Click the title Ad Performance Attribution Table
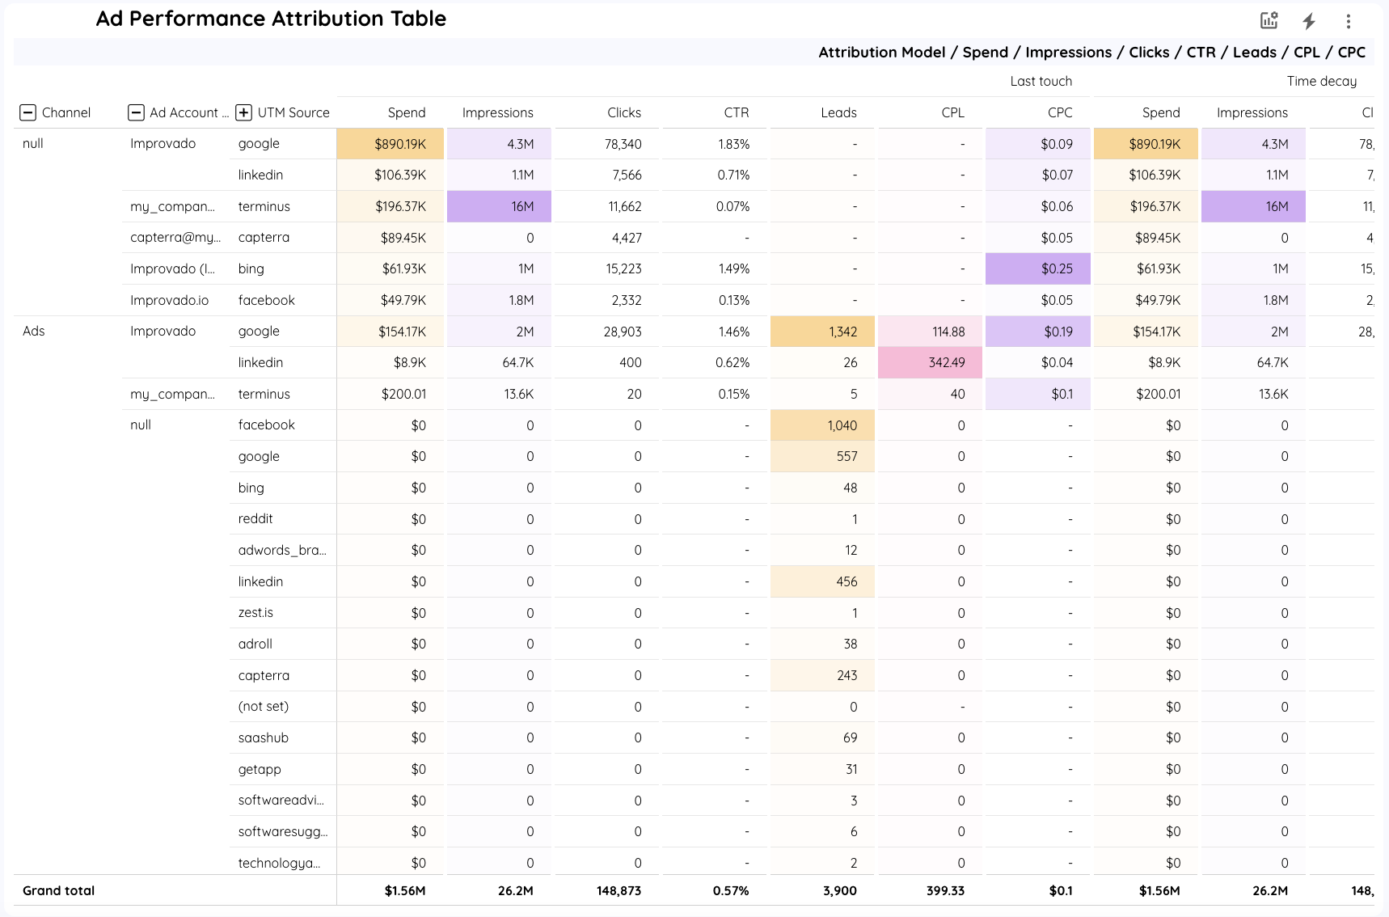pyautogui.click(x=271, y=19)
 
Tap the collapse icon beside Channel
pyautogui.click(x=28, y=112)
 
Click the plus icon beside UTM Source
pyautogui.click(x=243, y=112)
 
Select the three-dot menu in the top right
pyautogui.click(x=1348, y=22)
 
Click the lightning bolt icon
pyautogui.click(x=1308, y=22)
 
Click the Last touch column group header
pyautogui.click(x=1041, y=81)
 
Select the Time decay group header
pyautogui.click(x=1321, y=81)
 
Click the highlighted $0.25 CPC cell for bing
pyautogui.click(x=1038, y=268)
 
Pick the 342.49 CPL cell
pyautogui.click(x=930, y=362)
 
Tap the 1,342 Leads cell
pyautogui.click(x=822, y=332)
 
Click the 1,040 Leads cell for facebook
pyautogui.click(x=822, y=425)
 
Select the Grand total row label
pyautogui.click(x=58, y=890)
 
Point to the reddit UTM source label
pyautogui.click(x=255, y=518)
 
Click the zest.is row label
pyautogui.click(x=255, y=612)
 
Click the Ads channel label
pyautogui.click(x=34, y=331)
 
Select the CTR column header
pyautogui.click(x=736, y=112)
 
